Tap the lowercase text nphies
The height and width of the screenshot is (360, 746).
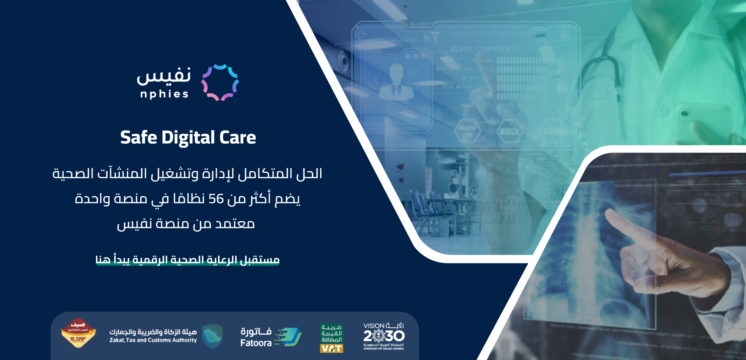tap(164, 94)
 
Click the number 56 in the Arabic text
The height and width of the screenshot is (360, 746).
tap(216, 199)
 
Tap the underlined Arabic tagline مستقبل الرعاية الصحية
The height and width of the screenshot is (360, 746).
tap(187, 259)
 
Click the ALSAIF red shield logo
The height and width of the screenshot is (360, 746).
tap(78, 333)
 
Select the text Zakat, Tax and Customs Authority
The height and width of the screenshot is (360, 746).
tap(153, 340)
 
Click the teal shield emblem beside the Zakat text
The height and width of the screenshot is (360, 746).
tap(212, 336)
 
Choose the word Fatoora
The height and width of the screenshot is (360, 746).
tap(256, 343)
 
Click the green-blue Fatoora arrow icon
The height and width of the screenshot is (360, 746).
tap(288, 337)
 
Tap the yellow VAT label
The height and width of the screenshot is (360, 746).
tap(331, 348)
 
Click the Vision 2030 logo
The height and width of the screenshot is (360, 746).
tap(384, 335)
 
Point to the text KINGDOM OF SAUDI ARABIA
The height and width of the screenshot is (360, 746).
tap(383, 349)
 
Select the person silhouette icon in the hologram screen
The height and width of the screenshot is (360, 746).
tap(396, 83)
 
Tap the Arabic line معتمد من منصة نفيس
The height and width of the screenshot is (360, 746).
tap(186, 224)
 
